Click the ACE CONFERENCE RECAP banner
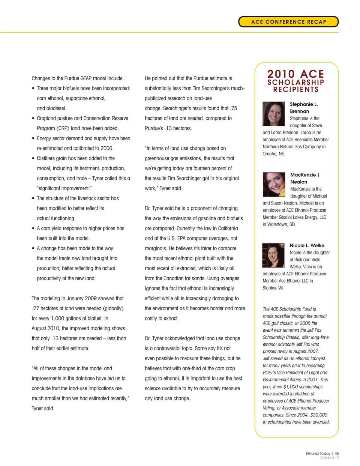point(288,22)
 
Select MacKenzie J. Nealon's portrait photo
point(274,185)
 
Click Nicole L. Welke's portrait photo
point(273,255)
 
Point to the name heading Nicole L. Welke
point(307,245)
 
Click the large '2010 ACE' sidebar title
point(295,74)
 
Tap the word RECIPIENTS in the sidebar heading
point(295,90)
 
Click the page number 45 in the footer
point(337,453)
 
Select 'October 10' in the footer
point(329,458)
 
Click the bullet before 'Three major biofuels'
point(33,89)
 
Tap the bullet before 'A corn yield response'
point(33,228)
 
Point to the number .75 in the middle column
point(233,108)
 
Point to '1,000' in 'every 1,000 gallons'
point(57,319)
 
